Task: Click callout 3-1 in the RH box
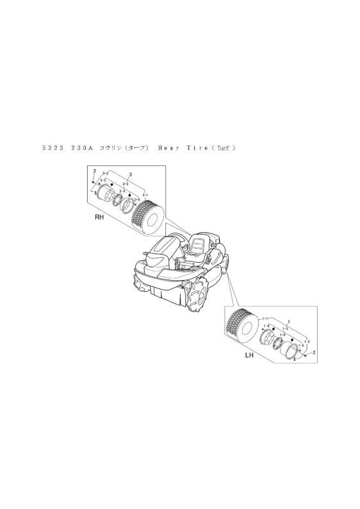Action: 145,194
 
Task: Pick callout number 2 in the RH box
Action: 94,170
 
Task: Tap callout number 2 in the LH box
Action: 313,353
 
